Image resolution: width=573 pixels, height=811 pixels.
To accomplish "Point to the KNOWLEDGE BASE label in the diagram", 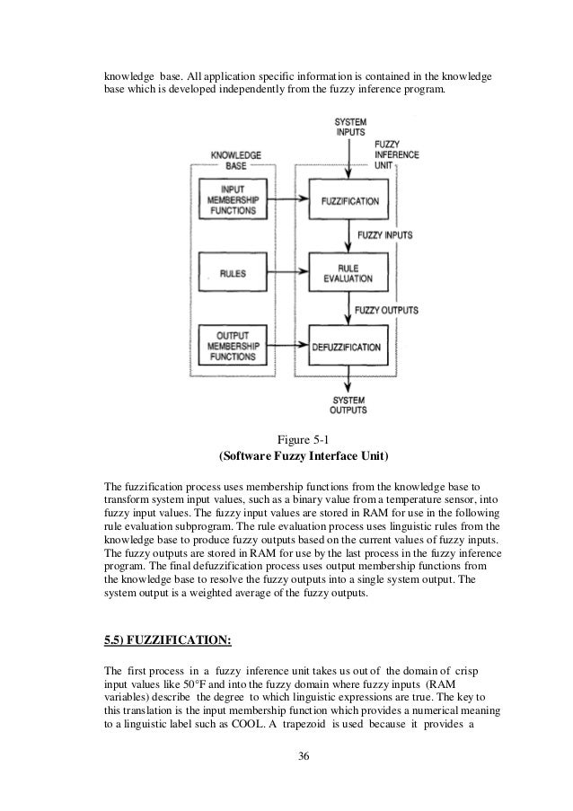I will point(235,162).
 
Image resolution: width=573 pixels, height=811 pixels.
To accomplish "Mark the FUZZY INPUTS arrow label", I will point(383,235).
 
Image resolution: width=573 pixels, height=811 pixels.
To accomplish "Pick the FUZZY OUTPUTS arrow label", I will point(387,310).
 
